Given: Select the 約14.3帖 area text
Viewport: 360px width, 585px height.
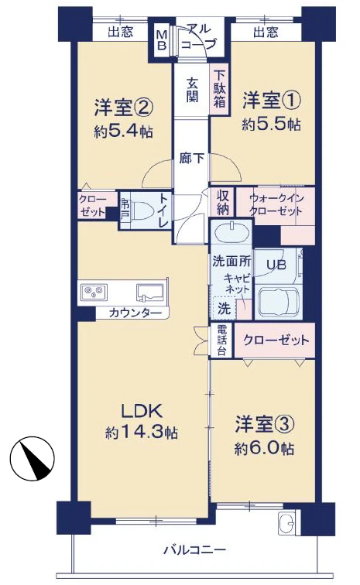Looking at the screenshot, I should [142, 433].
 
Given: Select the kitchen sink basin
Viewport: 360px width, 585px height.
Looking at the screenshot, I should [150, 292].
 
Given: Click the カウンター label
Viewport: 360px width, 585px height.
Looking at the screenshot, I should [135, 313].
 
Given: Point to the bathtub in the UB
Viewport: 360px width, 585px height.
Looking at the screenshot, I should [279, 300].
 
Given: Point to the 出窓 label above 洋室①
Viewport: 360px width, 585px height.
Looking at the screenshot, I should [266, 32].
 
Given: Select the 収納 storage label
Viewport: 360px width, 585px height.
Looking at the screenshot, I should [221, 204].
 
